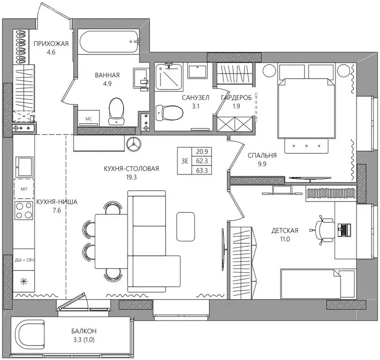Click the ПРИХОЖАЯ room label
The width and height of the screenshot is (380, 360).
pos(51,44)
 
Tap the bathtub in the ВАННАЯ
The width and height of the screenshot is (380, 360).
pos(109,42)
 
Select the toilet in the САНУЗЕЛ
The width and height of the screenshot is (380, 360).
pos(169,112)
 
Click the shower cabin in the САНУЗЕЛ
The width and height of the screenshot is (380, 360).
pos(169,76)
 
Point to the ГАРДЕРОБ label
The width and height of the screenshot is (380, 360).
pos(236,97)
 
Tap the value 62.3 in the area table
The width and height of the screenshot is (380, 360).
pos(202,161)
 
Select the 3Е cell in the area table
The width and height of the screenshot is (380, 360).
pos(185,161)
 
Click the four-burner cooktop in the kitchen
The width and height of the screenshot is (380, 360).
pos(24,210)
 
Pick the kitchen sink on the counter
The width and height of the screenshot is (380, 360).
pos(24,166)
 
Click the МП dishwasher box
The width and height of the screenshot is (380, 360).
pos(24,189)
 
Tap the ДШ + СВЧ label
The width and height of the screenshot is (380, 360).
pos(24,260)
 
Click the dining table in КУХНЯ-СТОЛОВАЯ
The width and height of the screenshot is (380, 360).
pos(111,241)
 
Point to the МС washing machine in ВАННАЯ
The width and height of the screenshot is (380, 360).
pos(89,118)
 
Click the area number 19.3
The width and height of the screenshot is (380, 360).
pos(131,177)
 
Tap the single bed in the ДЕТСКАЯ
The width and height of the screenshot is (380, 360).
pos(318,284)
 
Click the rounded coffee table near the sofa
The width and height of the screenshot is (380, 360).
pos(185,226)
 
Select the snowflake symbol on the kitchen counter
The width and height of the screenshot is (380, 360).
pos(24,282)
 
